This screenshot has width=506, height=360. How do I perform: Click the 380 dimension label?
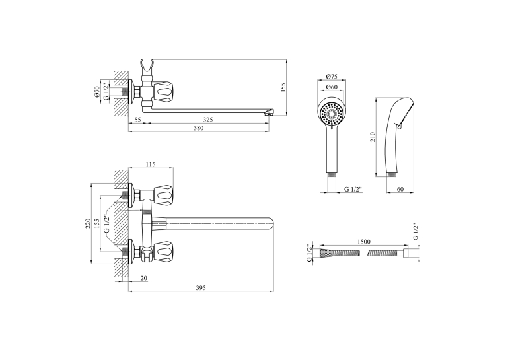pyautogui.click(x=198, y=128)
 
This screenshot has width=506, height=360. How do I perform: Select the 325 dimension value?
pyautogui.click(x=208, y=120)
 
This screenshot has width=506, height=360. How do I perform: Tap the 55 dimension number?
pyautogui.click(x=138, y=120)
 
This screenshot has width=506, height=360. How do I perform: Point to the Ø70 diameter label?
pyautogui.click(x=97, y=92)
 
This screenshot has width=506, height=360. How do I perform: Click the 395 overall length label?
pyautogui.click(x=201, y=288)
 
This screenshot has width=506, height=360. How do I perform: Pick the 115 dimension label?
pyautogui.click(x=151, y=164)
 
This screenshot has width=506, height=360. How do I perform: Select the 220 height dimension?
pyautogui.click(x=87, y=224)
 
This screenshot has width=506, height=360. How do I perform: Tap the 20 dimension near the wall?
pyautogui.click(x=144, y=278)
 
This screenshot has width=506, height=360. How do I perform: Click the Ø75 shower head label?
pyautogui.click(x=332, y=77)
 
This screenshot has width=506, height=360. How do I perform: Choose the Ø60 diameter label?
pyautogui.click(x=332, y=87)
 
